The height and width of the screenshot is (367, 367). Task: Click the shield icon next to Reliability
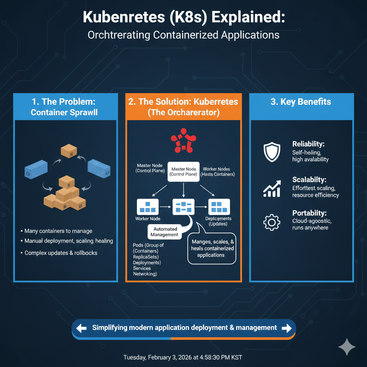pyautogui.click(x=271, y=152)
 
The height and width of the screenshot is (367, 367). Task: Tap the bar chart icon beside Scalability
pyautogui.click(x=271, y=189)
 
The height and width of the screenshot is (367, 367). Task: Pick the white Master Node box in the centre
pyautogui.click(x=183, y=172)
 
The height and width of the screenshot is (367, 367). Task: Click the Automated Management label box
pyautogui.click(x=165, y=232)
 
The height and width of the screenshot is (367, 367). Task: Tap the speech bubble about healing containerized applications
pyautogui.click(x=213, y=248)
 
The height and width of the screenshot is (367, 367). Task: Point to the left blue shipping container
pyautogui.click(x=36, y=170)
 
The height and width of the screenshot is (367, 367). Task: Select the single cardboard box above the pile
pyautogui.click(x=69, y=151)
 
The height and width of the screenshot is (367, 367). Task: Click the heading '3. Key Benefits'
pyautogui.click(x=301, y=102)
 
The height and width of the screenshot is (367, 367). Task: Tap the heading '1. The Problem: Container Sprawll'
pyautogui.click(x=64, y=107)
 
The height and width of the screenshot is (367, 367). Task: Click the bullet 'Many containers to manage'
pyautogui.click(x=58, y=231)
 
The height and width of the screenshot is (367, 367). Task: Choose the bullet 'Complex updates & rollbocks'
pyautogui.click(x=61, y=253)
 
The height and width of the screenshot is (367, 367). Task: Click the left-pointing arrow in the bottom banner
pyautogui.click(x=82, y=328)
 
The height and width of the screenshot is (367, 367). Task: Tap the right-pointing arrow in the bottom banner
pyautogui.click(x=286, y=328)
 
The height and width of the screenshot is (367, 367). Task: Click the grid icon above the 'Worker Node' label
pyautogui.click(x=147, y=207)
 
